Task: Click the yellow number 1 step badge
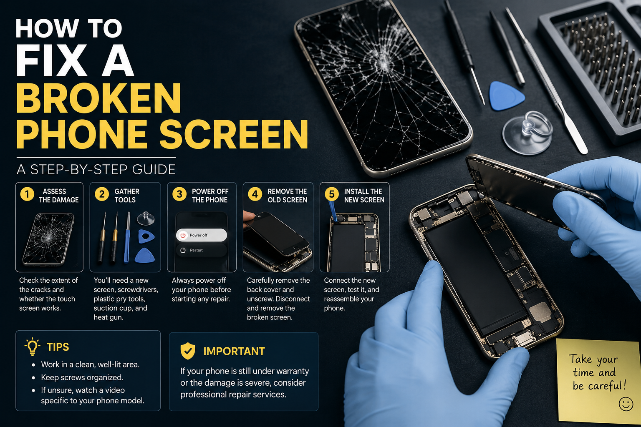coord(27,194)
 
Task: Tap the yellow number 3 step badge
coord(179,194)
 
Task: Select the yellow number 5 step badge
coord(332,194)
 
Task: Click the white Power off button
coord(202,235)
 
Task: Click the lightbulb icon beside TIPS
coord(32,347)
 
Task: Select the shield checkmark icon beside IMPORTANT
coord(188,351)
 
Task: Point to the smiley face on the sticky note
coord(626,404)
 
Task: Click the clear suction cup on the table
coord(527,133)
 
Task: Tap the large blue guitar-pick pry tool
coord(506,96)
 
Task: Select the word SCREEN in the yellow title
coord(234,134)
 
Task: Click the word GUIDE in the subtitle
coord(154,170)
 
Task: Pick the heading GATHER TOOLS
coord(127,196)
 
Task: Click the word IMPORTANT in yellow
coord(234,351)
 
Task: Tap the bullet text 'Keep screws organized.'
coord(82,377)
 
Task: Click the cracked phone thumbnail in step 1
coord(49,239)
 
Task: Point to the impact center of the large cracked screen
coord(384,65)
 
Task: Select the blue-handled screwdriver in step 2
coord(127,237)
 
